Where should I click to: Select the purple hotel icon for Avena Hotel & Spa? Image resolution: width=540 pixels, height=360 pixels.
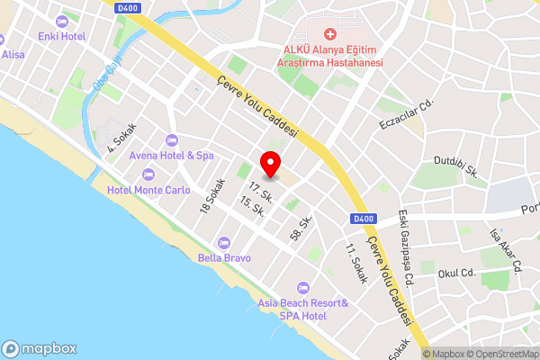[172, 139]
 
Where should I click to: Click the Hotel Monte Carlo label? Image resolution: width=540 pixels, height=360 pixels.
[148, 190]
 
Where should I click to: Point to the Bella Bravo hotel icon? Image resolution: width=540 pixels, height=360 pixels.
[224, 242]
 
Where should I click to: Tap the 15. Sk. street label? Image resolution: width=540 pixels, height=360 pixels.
[252, 209]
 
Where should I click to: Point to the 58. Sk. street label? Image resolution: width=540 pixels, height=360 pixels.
[301, 228]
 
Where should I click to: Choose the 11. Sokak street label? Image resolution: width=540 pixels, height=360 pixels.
[356, 263]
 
